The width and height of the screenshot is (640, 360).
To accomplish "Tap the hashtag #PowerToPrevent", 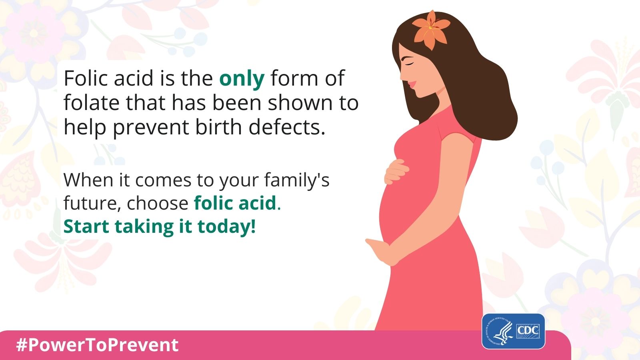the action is click(x=98, y=345).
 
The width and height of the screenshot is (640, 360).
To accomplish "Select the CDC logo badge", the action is click(x=514, y=332).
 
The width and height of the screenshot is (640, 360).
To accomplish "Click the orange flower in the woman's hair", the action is click(x=430, y=30).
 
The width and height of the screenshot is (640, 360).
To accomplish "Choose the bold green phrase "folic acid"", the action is click(x=235, y=203).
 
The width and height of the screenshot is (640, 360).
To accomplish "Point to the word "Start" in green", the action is click(x=86, y=226).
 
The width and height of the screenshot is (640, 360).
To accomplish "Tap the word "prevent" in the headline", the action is click(x=151, y=128).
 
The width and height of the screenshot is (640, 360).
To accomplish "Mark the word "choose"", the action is click(x=158, y=203).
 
